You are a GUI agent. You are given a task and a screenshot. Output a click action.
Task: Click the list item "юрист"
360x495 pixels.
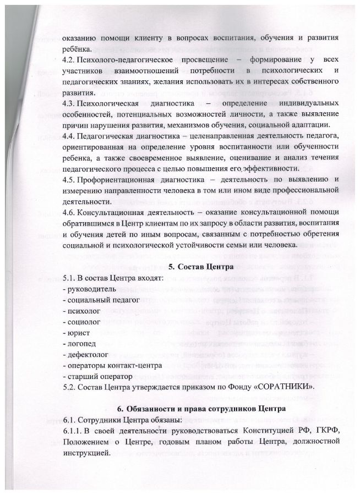[x=76, y=333]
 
